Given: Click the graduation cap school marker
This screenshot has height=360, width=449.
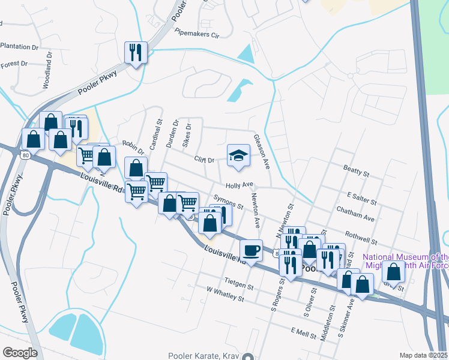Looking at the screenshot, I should (238, 156).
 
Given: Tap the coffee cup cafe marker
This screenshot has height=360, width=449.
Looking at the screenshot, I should (251, 249).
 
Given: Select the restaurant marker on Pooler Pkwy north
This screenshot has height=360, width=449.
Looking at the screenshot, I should (136, 52).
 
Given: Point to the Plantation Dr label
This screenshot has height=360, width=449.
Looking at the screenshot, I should (19, 46).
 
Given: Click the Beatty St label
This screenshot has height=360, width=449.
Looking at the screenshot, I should (356, 172).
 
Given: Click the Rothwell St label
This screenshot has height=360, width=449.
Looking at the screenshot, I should (361, 239).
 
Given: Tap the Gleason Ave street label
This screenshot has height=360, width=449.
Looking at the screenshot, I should (261, 151).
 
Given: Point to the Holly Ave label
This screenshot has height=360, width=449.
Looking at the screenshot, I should (240, 185).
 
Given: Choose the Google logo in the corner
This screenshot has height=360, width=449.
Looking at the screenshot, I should (20, 353).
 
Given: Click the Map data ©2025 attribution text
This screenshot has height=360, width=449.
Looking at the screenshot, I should (423, 355).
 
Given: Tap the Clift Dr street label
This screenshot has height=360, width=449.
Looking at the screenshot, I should (204, 160).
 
